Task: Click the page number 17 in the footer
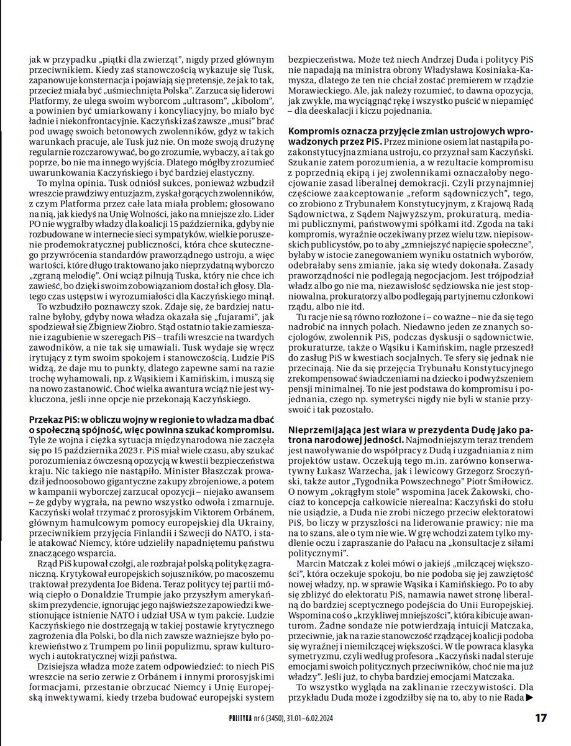[x=540, y=717]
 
